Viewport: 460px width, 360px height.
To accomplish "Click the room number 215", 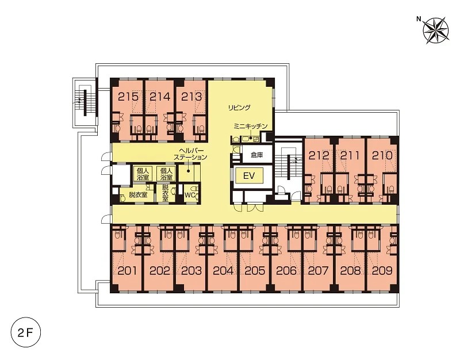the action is click(x=128, y=97).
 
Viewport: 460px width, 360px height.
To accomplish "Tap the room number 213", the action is click(x=191, y=97).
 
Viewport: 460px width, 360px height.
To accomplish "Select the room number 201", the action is click(x=127, y=270).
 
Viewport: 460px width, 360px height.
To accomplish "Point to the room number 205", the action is click(x=254, y=270).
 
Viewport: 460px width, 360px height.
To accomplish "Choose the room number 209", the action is click(x=382, y=270).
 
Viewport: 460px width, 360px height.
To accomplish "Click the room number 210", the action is click(x=382, y=155).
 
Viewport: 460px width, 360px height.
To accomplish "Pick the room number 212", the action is click(x=319, y=155).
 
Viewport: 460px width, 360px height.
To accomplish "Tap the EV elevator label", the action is click(x=249, y=176).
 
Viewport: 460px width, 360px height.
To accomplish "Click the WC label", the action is click(x=190, y=195).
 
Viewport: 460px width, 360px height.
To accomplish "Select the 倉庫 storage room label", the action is click(x=256, y=155).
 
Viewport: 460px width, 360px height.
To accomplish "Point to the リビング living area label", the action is click(x=239, y=108).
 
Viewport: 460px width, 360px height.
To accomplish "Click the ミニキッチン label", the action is click(x=251, y=127).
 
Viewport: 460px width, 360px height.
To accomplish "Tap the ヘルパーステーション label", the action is click(x=190, y=154).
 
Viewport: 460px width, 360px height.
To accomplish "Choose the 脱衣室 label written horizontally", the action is click(x=138, y=194).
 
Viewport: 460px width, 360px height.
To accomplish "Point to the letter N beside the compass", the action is click(x=419, y=20).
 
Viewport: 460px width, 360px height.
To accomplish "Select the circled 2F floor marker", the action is click(x=25, y=333).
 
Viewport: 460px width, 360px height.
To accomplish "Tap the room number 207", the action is click(x=318, y=270).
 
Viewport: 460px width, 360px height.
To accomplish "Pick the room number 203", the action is click(x=191, y=270).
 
